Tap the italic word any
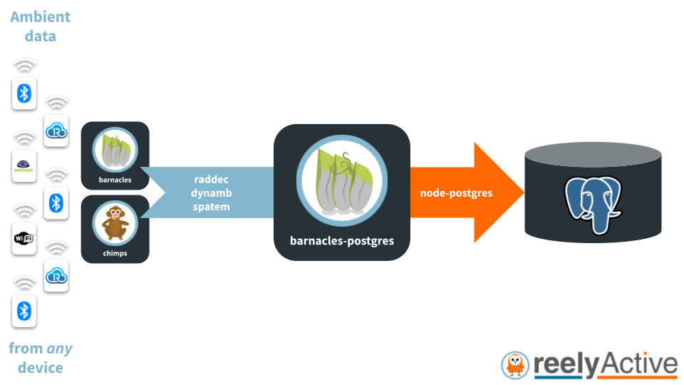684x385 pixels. (x=59, y=349)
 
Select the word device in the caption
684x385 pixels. (x=41, y=368)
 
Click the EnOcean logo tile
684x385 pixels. (x=24, y=166)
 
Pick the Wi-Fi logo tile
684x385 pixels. (x=24, y=239)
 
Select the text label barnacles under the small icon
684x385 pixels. (x=115, y=180)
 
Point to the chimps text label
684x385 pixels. (x=115, y=252)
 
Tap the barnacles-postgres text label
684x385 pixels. (x=342, y=241)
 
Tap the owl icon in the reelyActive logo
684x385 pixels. (x=515, y=365)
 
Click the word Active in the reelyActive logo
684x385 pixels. (x=638, y=364)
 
